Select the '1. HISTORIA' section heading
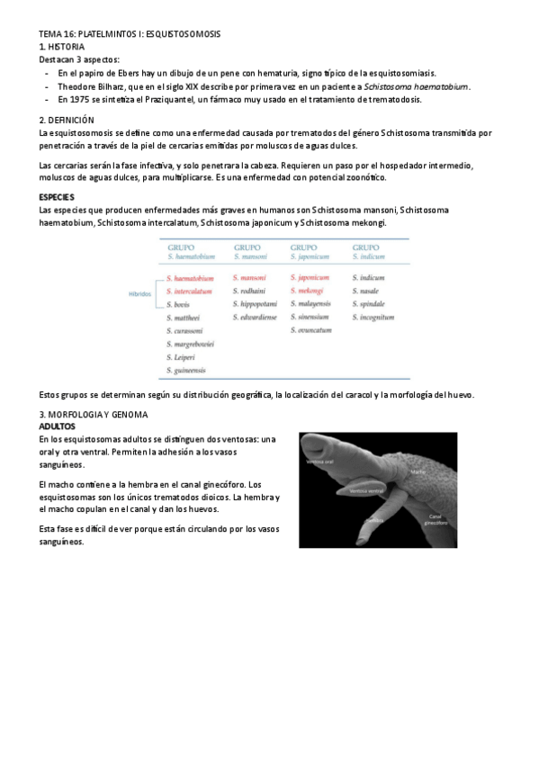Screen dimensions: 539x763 (62, 46)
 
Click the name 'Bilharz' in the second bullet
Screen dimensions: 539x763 (116, 86)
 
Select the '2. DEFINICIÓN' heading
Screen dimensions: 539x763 (67, 120)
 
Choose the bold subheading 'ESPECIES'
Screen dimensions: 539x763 (58, 195)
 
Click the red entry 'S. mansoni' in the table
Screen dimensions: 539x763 (249, 278)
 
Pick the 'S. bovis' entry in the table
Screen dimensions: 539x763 (180, 304)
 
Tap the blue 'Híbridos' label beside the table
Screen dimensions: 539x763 (139, 293)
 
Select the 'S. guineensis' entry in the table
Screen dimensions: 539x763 (187, 370)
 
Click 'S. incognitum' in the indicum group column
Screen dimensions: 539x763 (373, 317)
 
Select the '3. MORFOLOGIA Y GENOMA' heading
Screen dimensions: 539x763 (94, 415)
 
